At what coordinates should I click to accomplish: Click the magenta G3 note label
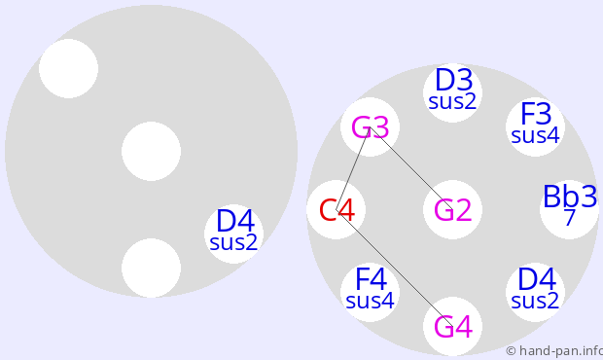[x=370, y=127]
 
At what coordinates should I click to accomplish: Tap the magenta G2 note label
[x=452, y=210]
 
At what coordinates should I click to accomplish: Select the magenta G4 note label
[x=452, y=327]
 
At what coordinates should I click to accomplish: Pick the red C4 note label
[x=337, y=210]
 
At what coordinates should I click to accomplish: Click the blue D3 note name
[x=454, y=80]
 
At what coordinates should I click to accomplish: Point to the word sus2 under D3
[x=452, y=102]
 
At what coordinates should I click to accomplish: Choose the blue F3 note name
[x=536, y=114]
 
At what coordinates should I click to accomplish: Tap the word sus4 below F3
[x=535, y=136]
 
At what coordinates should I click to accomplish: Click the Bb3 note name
[x=570, y=197]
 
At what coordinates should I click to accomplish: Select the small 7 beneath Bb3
[x=570, y=218]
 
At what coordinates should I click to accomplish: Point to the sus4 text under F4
[x=370, y=302]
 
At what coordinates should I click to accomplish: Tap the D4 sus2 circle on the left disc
[x=233, y=234]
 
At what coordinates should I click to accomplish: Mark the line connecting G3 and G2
[x=411, y=168]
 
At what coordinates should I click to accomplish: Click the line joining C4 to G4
[x=395, y=269]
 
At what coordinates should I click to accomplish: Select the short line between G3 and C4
[x=353, y=168]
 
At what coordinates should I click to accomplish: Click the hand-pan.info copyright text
[x=554, y=351]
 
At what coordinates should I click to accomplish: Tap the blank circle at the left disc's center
[x=151, y=151]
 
